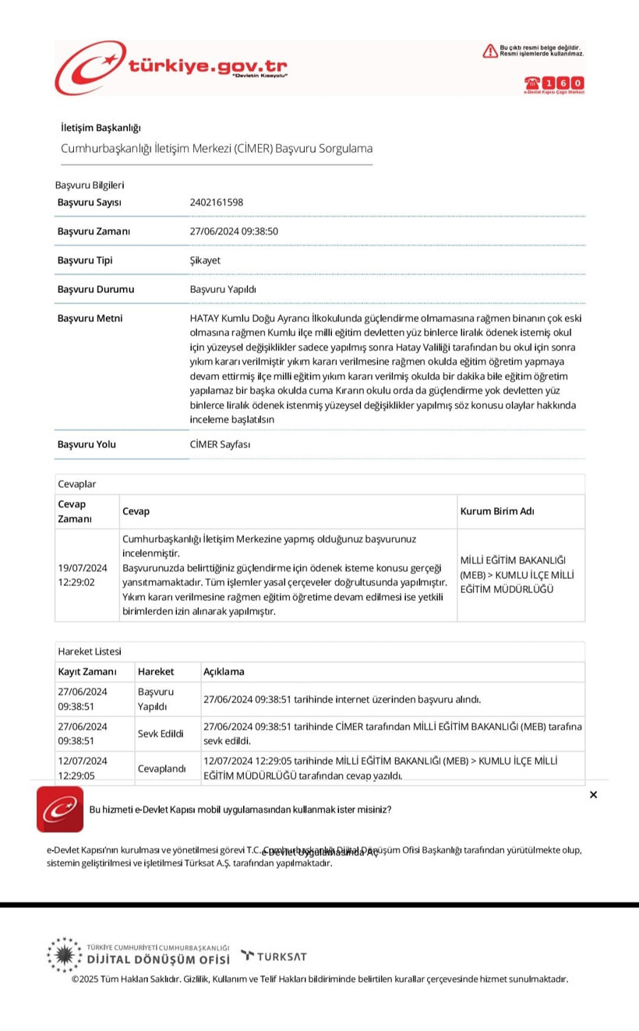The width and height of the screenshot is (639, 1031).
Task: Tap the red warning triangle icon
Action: (x=489, y=51)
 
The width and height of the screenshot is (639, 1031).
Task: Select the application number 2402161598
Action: (x=217, y=202)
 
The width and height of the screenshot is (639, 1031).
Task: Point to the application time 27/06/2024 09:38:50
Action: (x=234, y=231)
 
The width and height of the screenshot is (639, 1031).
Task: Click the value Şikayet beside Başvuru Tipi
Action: (x=205, y=260)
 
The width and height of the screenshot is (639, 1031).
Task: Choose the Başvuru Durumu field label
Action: (x=96, y=289)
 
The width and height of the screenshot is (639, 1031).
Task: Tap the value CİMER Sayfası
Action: (x=221, y=444)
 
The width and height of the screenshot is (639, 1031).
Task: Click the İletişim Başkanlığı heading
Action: (x=101, y=128)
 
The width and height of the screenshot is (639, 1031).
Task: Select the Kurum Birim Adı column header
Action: (x=497, y=511)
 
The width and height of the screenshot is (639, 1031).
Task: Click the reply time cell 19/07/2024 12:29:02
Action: (x=83, y=575)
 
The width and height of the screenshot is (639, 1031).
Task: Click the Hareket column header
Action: (x=156, y=671)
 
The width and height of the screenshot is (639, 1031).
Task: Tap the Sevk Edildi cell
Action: (x=161, y=733)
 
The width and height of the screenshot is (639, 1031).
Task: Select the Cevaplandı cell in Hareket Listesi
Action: (x=162, y=768)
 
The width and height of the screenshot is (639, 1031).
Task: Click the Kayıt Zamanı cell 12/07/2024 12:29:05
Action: (x=83, y=768)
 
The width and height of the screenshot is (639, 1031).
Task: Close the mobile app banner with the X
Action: (x=593, y=795)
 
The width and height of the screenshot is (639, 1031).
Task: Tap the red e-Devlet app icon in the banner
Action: (x=60, y=809)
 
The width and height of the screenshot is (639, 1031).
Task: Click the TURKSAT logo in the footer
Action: (x=274, y=956)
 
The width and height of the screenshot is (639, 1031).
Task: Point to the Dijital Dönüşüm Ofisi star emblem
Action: (x=63, y=955)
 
